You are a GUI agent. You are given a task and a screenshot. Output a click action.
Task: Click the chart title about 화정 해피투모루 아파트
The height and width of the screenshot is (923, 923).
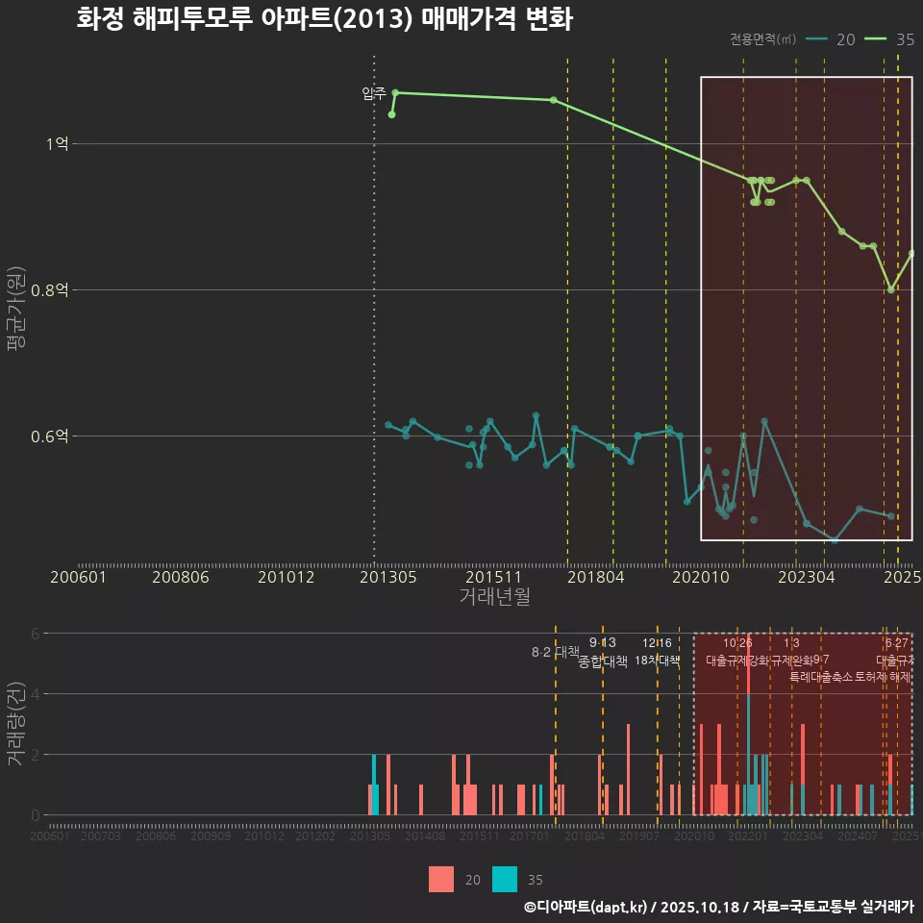pyautogui.click(x=324, y=19)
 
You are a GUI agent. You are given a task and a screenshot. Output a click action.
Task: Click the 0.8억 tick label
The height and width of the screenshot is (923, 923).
pyautogui.click(x=50, y=290)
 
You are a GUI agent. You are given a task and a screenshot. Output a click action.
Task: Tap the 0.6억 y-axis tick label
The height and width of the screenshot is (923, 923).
pyautogui.click(x=50, y=437)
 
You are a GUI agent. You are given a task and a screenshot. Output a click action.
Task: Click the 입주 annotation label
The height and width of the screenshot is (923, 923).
pyautogui.click(x=373, y=93)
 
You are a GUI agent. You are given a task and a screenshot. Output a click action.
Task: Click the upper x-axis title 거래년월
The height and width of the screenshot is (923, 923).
pyautogui.click(x=494, y=596)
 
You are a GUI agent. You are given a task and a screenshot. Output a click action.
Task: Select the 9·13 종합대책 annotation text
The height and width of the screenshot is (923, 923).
pyautogui.click(x=603, y=652)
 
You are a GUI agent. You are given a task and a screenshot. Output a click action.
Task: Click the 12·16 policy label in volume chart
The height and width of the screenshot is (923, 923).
pyautogui.click(x=658, y=651)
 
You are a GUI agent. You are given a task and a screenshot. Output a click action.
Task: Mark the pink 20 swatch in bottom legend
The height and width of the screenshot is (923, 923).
pyautogui.click(x=441, y=879)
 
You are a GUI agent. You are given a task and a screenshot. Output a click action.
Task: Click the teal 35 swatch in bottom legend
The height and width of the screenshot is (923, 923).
pyautogui.click(x=505, y=879)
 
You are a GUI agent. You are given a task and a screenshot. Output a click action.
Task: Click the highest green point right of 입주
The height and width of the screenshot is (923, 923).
pyautogui.click(x=395, y=92)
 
